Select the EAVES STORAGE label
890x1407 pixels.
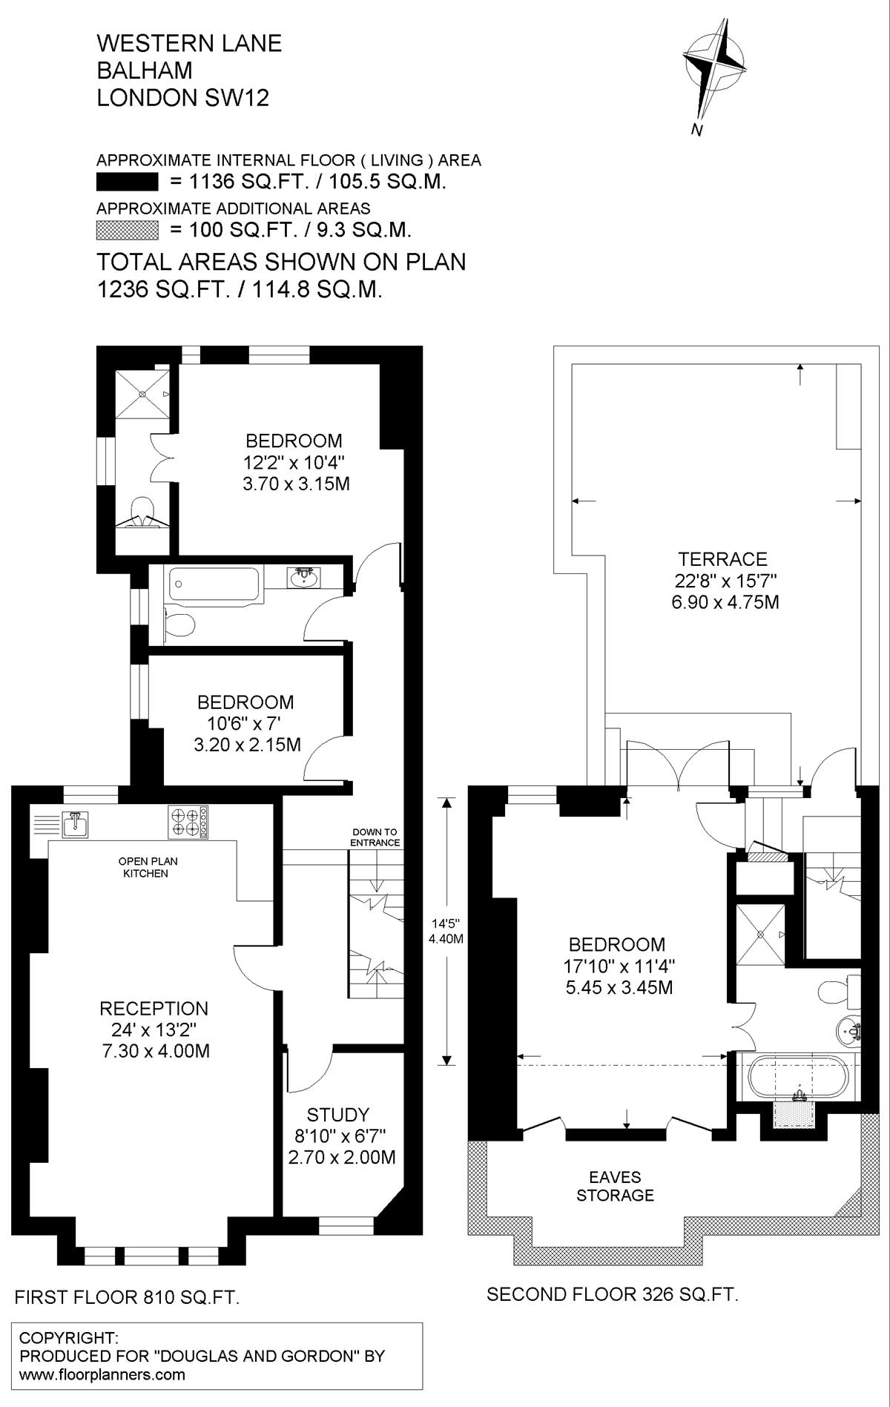(616, 1186)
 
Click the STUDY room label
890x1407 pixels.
(338, 1114)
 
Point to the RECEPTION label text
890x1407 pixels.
(154, 1009)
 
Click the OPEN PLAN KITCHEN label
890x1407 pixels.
(148, 867)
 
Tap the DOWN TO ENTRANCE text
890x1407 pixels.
(375, 837)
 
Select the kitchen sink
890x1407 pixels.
(75, 823)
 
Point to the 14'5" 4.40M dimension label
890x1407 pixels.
(446, 931)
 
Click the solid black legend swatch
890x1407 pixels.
(128, 182)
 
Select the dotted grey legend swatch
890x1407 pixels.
(128, 230)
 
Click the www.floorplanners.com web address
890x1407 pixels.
(102, 1374)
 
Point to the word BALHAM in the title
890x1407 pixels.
(145, 70)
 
